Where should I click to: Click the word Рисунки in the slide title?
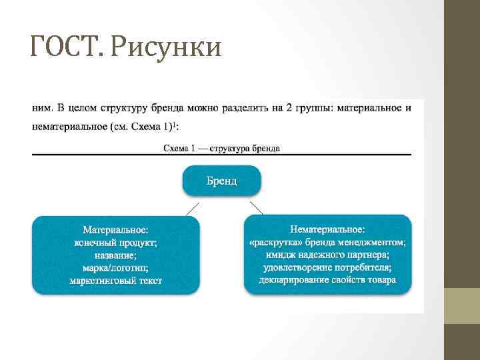tap(166, 47)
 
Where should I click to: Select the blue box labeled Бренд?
tap(221, 181)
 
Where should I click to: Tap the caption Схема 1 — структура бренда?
tap(221, 148)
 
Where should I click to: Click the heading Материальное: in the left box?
tap(115, 229)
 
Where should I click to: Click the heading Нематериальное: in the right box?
tap(327, 229)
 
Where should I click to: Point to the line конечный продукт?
tap(115, 242)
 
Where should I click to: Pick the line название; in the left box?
tap(115, 255)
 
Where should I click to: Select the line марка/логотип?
tap(115, 267)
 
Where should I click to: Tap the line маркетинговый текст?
tap(115, 280)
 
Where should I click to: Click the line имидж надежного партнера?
tap(327, 255)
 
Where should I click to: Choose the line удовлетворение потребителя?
tap(327, 267)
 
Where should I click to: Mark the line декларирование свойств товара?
tap(327, 280)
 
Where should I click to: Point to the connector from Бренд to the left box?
tap(191, 207)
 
